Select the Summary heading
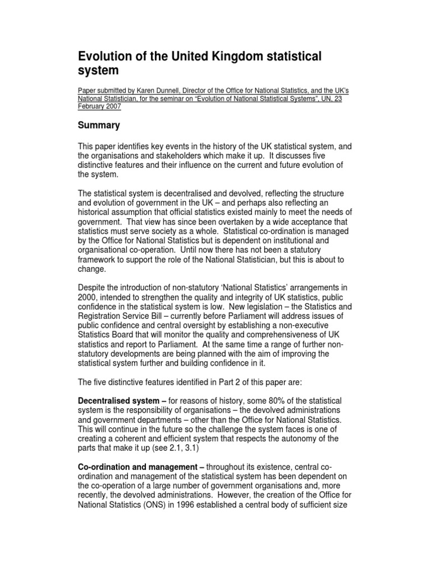pos(99,126)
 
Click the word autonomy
pos(305,438)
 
